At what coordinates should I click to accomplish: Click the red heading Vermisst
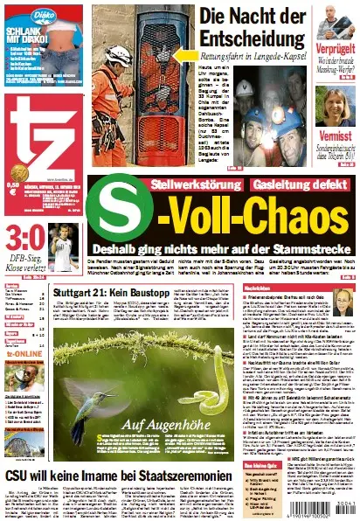coord(336,136)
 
